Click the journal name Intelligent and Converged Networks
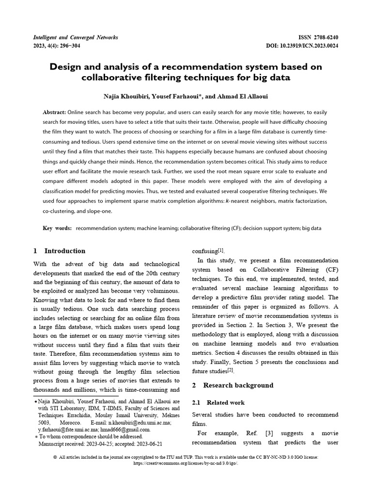pos(75,37)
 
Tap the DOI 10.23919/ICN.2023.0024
pos(310,46)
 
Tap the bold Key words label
pos(57,228)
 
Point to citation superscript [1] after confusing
pos(221,250)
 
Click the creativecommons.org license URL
pos(186,463)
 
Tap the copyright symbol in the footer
pos(55,457)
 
